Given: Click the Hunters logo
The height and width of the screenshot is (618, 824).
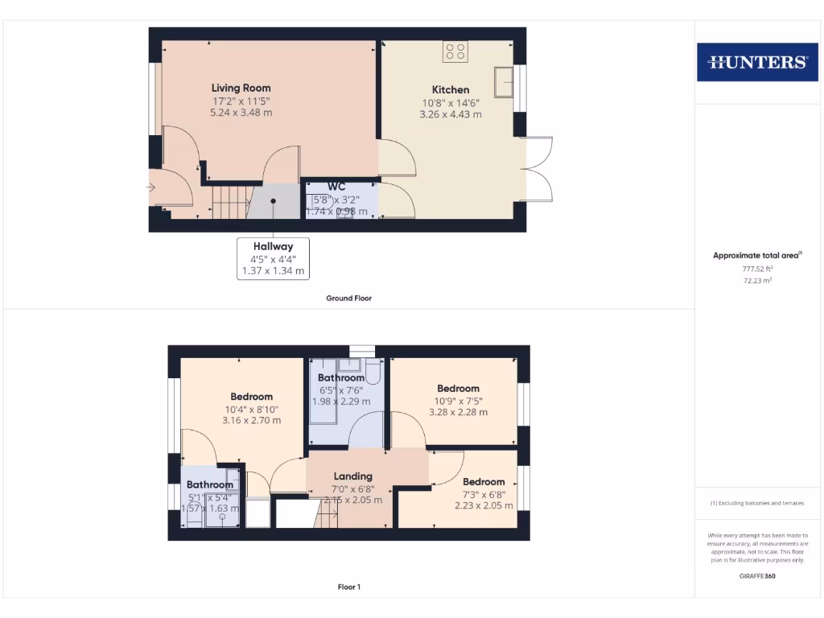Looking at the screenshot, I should tap(756, 62).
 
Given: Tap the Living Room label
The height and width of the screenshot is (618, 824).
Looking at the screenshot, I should tap(241, 88).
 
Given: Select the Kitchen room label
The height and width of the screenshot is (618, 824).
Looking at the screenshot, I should tap(450, 89).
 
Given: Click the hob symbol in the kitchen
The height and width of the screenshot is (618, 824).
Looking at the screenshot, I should tap(455, 51).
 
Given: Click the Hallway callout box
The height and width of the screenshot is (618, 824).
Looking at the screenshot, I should tap(274, 258).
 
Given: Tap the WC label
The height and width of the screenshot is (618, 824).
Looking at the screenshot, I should tap(336, 187).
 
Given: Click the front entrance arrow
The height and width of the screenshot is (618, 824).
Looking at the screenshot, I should tap(150, 187).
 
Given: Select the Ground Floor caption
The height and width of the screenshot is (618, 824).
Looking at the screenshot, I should tap(348, 298).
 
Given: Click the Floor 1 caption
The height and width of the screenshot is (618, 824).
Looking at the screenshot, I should tap(348, 587).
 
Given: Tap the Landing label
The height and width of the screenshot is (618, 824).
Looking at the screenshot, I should tap(352, 476).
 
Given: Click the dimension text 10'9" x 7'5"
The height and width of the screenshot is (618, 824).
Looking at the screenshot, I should tap(458, 401).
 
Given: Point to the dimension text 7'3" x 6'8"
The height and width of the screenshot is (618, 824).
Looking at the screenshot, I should tap(484, 494).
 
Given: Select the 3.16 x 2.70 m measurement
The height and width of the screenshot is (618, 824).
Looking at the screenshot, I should tap(251, 420).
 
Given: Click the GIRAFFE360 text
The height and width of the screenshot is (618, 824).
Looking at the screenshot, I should tap(757, 576).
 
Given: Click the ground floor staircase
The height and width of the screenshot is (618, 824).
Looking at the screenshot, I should tap(229, 202).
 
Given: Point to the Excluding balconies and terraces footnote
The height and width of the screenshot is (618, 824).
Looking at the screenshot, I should tap(757, 503).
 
